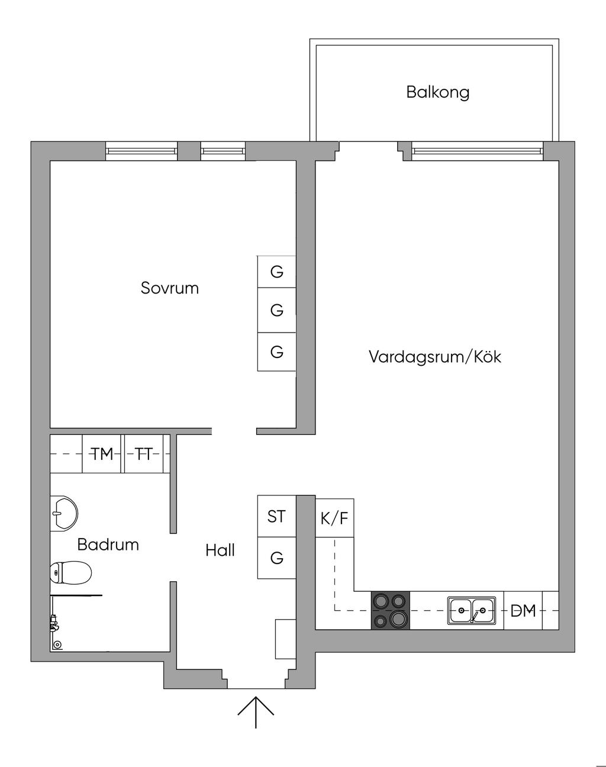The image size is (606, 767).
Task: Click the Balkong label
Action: point(437,92)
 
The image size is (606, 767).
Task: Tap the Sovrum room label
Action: point(170,288)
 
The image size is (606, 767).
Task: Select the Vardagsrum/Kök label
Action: point(435,357)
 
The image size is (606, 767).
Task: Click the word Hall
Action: point(220,550)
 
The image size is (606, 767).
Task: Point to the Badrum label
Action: point(108,544)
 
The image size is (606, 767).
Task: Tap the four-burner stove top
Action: point(391,610)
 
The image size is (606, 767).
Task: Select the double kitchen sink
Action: point(472,610)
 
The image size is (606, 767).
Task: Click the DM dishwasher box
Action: point(523,610)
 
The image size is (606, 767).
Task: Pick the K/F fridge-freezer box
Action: point(334,518)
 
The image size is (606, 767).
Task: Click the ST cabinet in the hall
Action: point(276,517)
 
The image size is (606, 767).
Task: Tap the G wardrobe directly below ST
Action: point(276,558)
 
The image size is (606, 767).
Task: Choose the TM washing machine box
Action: point(102,454)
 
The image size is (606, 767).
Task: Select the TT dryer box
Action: point(143,454)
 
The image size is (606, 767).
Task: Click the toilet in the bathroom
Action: point(70,573)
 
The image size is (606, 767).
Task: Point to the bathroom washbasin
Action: point(63,513)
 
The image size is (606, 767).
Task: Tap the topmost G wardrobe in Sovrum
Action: point(276,272)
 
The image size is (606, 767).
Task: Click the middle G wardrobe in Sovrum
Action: point(276,310)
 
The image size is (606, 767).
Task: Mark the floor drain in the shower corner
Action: point(57,644)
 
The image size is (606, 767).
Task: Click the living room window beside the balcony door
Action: point(477,151)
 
